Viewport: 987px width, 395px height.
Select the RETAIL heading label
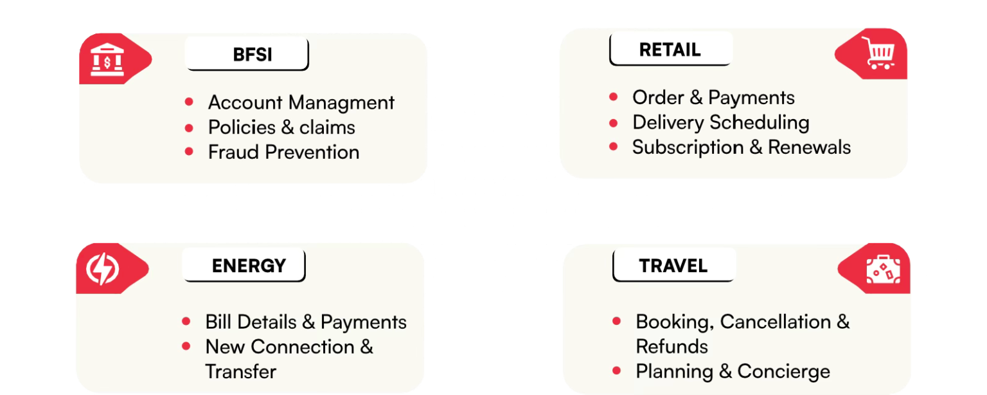coord(670,50)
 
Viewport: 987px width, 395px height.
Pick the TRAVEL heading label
coord(673,266)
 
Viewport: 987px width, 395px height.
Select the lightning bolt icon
coord(103,270)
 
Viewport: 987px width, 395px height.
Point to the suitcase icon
coord(883,270)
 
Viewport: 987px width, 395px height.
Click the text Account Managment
coord(301,102)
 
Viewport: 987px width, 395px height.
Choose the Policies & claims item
coord(281,127)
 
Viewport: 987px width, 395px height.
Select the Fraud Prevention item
coord(283,152)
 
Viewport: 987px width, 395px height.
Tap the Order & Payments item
coord(713,97)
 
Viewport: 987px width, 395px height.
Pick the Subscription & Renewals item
coord(741,147)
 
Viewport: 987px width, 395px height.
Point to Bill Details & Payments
coord(306,322)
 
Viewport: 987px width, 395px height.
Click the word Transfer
coord(241,371)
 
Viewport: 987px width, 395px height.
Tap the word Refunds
coord(671,346)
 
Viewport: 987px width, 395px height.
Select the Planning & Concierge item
coord(733,371)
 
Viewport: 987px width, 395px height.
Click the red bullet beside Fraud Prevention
coord(189,152)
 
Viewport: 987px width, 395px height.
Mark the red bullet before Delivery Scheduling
coord(614,122)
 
